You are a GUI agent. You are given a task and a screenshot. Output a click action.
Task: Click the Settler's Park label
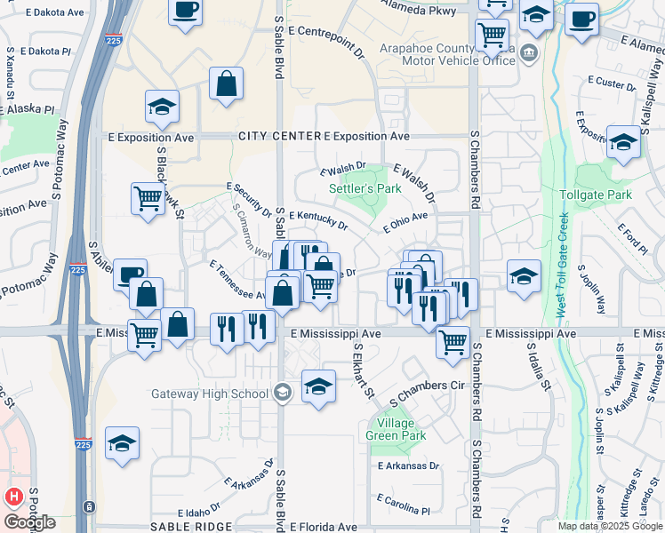[365, 189]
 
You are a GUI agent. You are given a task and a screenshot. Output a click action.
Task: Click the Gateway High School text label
[210, 394]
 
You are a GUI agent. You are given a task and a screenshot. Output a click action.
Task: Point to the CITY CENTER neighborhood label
[279, 137]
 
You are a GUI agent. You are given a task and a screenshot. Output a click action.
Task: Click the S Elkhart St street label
[364, 371]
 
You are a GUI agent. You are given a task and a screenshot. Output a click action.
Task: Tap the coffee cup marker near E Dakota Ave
[186, 12]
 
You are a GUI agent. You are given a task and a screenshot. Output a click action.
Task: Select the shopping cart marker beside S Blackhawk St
[148, 199]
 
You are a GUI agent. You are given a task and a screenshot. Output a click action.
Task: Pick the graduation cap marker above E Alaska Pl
[163, 107]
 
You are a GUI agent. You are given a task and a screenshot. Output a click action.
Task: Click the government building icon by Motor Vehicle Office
[530, 52]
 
